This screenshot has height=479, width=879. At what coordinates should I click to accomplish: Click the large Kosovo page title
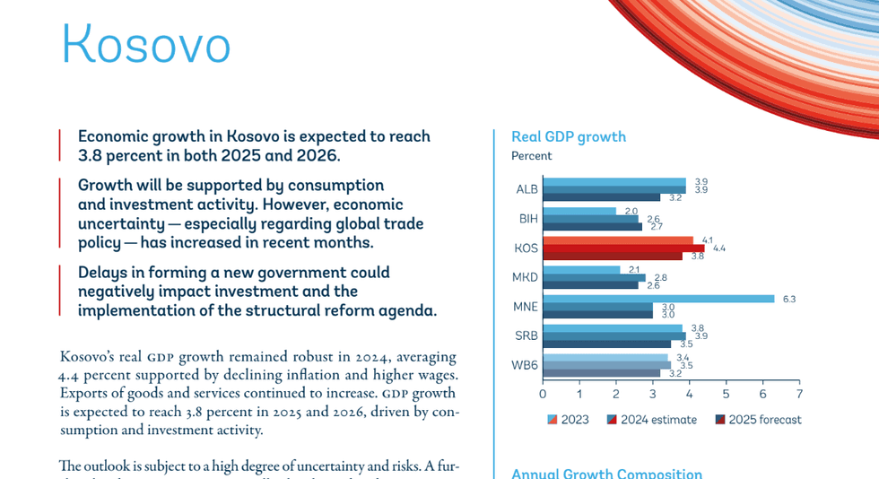[x=146, y=43]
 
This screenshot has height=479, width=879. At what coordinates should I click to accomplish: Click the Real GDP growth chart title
[x=568, y=137]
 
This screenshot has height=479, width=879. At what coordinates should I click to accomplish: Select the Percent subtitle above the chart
[x=531, y=156]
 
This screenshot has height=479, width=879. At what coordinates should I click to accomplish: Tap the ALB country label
[x=527, y=189]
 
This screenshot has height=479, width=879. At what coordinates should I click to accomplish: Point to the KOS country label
[x=526, y=248]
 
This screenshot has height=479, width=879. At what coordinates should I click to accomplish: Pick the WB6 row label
[x=526, y=365]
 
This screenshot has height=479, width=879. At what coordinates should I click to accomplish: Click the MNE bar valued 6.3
[x=657, y=299]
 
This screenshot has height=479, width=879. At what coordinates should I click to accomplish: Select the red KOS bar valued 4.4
[x=622, y=248]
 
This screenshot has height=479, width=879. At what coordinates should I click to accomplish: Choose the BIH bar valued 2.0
[x=579, y=212]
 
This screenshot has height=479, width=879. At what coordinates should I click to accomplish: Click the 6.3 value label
[x=789, y=299]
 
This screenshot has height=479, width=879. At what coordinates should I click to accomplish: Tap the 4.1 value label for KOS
[x=707, y=240]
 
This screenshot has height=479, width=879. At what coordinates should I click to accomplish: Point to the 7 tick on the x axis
[x=799, y=394]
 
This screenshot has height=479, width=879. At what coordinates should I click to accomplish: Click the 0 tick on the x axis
[x=543, y=394]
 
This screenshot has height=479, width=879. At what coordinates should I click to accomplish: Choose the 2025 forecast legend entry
[x=758, y=420]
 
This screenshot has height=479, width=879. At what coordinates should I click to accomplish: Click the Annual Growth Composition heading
[x=606, y=473]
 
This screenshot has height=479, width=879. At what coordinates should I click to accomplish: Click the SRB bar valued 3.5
[x=606, y=344]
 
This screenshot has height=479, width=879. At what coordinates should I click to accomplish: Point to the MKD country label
[x=526, y=277]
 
